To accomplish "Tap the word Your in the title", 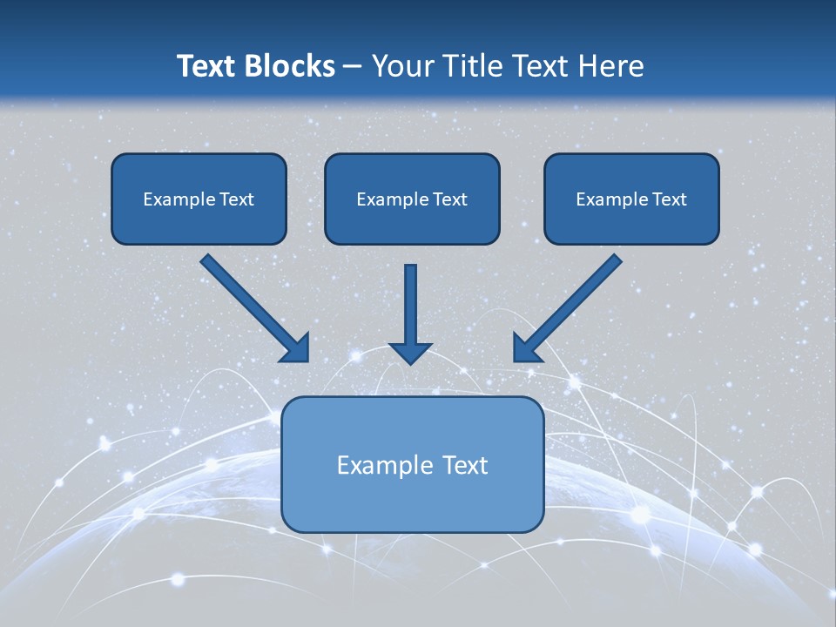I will pyautogui.click(x=403, y=66).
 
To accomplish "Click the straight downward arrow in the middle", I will pyautogui.click(x=410, y=305).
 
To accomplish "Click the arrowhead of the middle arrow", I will pyautogui.click(x=410, y=352).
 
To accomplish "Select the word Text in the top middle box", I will pyautogui.click(x=449, y=199).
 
